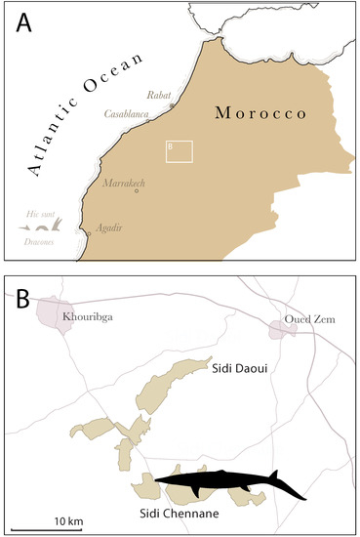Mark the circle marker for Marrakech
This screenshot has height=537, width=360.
tap(137, 191)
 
